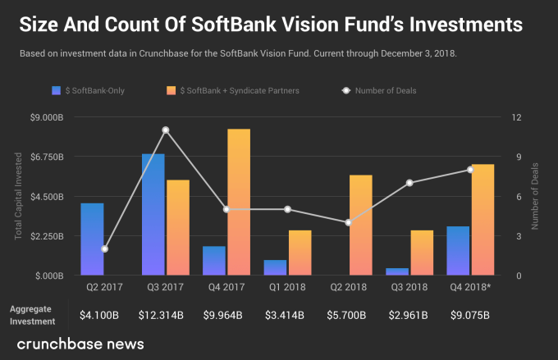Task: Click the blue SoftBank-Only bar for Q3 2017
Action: point(153,214)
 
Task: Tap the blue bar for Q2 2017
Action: point(92,239)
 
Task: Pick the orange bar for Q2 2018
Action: point(361,225)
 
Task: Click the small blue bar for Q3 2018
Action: point(397,271)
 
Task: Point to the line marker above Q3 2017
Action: point(166,130)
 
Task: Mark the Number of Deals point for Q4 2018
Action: point(470,170)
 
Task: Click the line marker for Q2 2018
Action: point(349,222)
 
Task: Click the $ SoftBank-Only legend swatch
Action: point(57,89)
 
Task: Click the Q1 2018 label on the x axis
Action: point(287,289)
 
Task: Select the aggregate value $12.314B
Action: point(165,315)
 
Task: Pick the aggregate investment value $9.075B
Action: point(470,315)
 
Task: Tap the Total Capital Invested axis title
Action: point(18,197)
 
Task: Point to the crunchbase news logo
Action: point(80,343)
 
